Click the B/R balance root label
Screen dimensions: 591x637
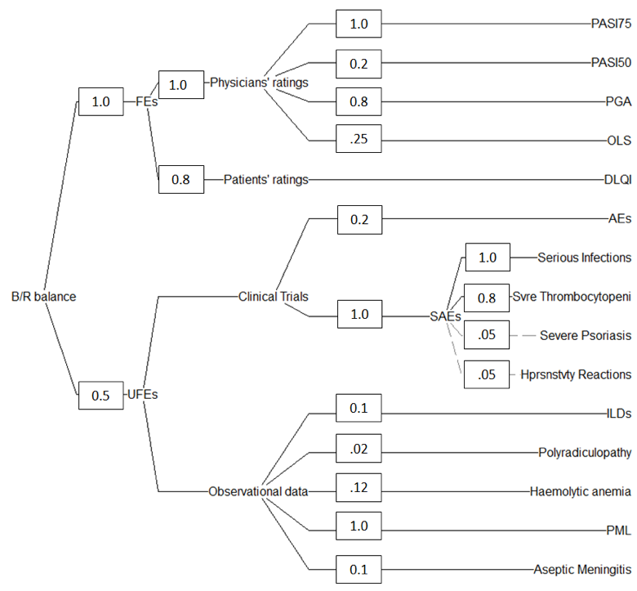coord(43,297)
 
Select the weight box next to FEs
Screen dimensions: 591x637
coord(100,102)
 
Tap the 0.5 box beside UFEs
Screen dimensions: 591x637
coord(100,395)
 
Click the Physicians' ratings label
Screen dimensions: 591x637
coord(259,83)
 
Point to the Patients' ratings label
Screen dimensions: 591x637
coord(265,180)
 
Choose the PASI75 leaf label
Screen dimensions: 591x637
coord(611,24)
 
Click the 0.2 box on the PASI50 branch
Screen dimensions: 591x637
coord(359,62)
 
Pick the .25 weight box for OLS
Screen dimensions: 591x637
coord(359,141)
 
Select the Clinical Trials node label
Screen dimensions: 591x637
coord(273,297)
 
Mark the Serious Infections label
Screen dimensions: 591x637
coord(584,257)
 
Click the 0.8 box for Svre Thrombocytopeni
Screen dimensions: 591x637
coord(487,297)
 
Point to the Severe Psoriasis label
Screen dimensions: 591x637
coord(586,336)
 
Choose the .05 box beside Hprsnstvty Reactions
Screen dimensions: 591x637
coord(487,375)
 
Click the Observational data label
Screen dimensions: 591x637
coord(258,492)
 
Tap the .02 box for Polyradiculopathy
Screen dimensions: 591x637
coord(359,451)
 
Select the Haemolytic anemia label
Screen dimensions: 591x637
coord(580,492)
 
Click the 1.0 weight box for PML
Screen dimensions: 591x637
coord(359,531)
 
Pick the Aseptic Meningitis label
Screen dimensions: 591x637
coord(581,569)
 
